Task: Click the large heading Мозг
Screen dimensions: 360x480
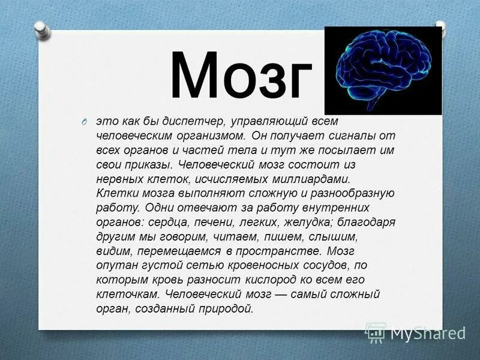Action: (x=241, y=76)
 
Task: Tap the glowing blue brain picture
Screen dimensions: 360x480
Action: (x=383, y=70)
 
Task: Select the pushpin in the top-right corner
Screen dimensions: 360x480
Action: (x=440, y=27)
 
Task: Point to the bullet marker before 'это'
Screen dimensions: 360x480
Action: (x=86, y=122)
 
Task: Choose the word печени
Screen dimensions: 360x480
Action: (x=211, y=222)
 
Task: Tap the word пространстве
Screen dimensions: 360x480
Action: (x=271, y=251)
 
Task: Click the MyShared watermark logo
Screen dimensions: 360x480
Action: (x=416, y=332)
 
